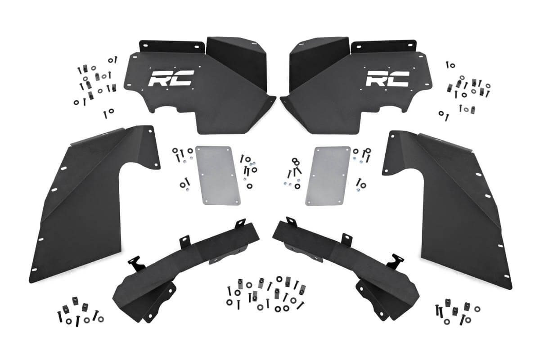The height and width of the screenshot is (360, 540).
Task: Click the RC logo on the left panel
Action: (x=171, y=79)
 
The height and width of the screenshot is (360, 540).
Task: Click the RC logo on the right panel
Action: (x=387, y=79)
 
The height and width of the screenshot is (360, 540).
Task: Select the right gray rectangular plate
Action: (x=328, y=175)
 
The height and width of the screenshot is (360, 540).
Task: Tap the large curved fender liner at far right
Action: (x=454, y=202)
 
